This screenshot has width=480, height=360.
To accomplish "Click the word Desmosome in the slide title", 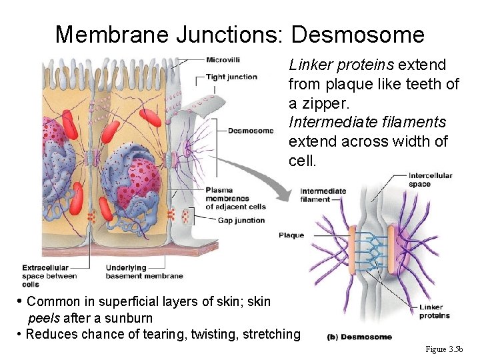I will pos(357,34).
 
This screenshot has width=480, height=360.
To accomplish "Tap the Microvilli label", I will pos(223,59).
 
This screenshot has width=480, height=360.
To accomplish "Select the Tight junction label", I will pos(231,77).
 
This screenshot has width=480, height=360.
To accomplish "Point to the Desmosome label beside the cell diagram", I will pos(251,131).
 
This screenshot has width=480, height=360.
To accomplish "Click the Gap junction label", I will pos(241,220).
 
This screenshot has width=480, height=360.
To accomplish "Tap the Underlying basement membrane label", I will pos(144,272).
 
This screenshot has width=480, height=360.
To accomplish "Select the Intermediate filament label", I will pos(323,195).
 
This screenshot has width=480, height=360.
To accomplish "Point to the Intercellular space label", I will pos(430,179).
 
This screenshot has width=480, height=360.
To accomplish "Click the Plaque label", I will pos(291,235).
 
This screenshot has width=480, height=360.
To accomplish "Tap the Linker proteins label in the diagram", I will pos(435,311).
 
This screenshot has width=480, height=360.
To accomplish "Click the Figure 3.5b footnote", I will pos(448,349).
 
